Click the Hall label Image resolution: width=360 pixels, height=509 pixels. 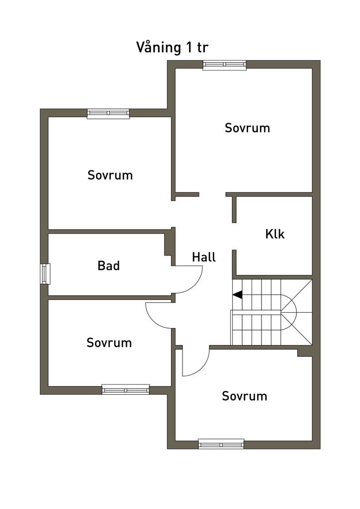(204, 257)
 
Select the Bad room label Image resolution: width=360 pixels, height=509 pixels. (108, 265)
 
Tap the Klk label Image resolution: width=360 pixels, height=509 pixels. (275, 234)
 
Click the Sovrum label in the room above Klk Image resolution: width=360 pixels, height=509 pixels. (247, 128)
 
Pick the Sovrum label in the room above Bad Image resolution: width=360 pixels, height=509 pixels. (110, 175)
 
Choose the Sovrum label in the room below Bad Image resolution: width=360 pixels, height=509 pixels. (109, 342)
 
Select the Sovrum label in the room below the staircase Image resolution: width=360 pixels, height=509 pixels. (244, 396)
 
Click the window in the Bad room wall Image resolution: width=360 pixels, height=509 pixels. (45, 273)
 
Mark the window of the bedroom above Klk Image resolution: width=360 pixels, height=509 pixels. (225, 65)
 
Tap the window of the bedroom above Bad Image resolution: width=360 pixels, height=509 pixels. (108, 113)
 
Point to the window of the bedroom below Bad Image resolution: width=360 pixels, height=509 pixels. (126, 389)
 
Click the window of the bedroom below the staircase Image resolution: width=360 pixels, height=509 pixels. (221, 444)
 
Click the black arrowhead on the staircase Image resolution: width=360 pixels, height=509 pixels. (238, 295)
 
